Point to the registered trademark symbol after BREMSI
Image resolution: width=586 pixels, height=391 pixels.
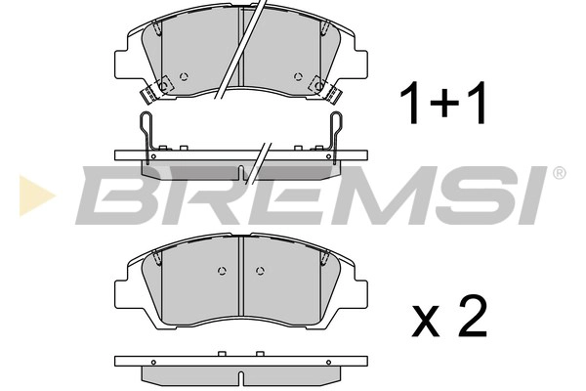(559, 173)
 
